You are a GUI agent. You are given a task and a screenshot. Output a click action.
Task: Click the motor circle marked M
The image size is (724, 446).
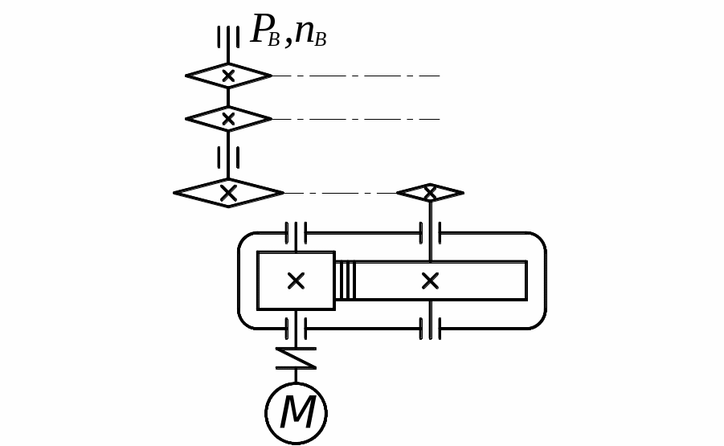point(296,414)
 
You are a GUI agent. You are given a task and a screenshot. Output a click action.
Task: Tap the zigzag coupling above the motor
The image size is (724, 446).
point(296,358)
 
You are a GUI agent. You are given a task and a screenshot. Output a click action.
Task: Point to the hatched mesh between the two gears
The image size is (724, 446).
point(345,280)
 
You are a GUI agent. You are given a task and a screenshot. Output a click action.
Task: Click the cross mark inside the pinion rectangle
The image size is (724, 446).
point(296,280)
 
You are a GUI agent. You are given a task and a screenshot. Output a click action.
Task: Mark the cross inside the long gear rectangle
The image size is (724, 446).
point(430,280)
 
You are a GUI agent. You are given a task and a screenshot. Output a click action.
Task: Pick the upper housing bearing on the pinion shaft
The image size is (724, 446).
point(296,233)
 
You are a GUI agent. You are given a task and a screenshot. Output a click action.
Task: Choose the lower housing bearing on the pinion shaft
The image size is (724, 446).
point(296,328)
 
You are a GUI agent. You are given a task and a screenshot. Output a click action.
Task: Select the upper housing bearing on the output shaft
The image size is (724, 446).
point(430,233)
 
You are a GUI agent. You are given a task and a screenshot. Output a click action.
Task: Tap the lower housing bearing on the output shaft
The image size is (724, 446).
point(430,328)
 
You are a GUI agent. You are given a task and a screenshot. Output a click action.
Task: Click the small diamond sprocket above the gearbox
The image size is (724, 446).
point(430,193)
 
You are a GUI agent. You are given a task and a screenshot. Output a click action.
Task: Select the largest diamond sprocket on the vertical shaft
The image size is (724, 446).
point(228,193)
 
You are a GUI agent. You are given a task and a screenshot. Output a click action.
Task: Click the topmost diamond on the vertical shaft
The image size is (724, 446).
point(228,76)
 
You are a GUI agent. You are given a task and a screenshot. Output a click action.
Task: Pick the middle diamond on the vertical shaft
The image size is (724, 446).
point(228,119)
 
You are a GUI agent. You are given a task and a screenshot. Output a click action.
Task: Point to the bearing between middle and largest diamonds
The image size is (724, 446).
point(228,157)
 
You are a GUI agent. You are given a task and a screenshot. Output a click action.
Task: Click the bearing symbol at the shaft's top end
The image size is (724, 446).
point(228,37)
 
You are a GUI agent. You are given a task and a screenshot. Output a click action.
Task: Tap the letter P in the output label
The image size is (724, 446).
point(261,31)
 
